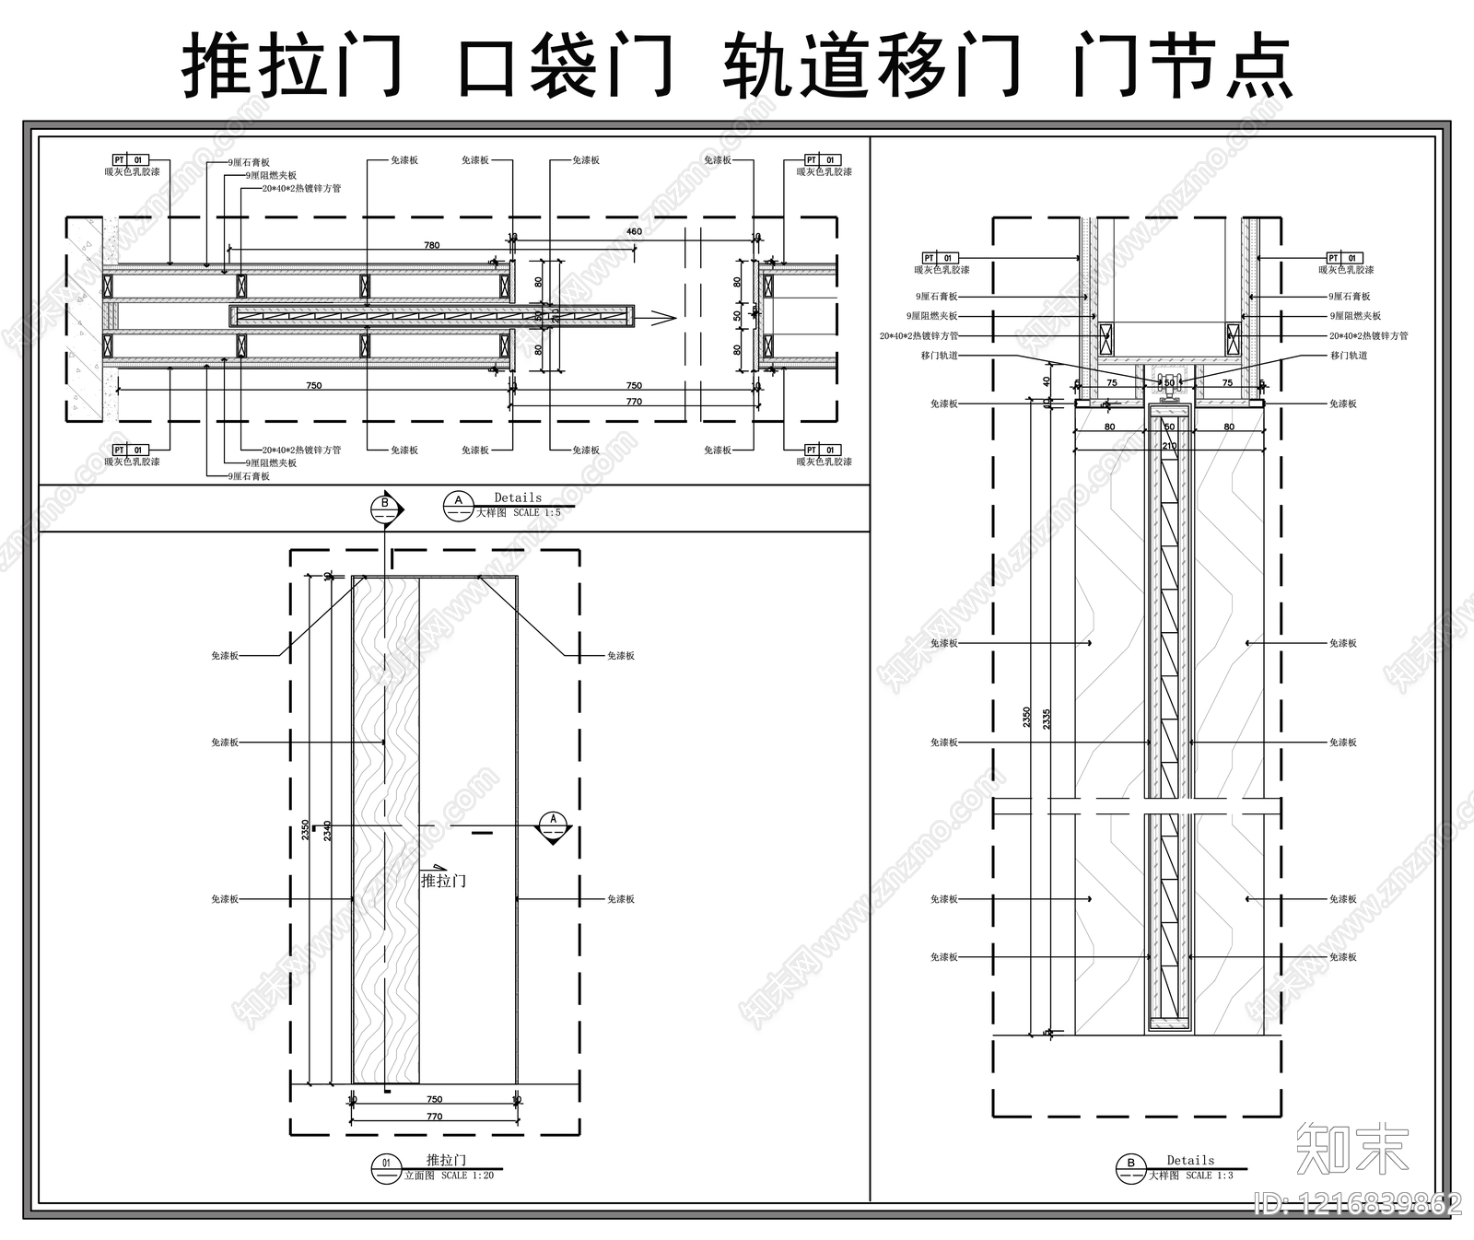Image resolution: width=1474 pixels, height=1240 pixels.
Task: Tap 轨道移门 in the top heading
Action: pos(872,66)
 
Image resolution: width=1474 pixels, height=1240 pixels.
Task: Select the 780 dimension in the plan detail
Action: pos(431,245)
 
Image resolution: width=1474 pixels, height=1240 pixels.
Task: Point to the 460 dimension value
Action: pos(634,231)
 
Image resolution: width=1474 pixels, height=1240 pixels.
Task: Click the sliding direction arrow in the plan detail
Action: pos(661,318)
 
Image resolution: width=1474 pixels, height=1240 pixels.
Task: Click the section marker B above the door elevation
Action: pos(385,506)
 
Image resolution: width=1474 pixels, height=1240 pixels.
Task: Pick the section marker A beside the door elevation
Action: pos(554,823)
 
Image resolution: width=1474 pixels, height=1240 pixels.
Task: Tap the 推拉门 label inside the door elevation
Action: pos(443,881)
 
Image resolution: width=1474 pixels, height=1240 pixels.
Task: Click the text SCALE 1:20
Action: pos(467,1176)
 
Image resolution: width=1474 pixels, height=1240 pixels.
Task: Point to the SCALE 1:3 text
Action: pos(1209,1176)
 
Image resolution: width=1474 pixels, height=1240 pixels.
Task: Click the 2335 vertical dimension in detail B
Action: pos(1046,719)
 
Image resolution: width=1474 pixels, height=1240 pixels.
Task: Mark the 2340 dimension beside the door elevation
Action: pos(327,830)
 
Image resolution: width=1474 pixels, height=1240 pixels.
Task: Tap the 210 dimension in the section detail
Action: pos(1169,446)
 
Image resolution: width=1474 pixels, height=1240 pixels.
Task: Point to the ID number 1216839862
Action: pos(1359,1204)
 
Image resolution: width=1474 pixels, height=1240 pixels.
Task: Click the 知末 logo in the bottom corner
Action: pos(1351,1148)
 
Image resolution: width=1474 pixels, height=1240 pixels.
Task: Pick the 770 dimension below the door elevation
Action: pos(434,1117)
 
